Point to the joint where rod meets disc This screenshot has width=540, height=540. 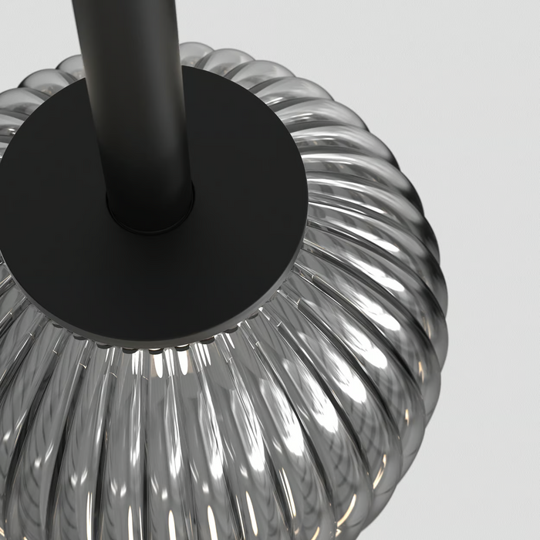tap(150, 220)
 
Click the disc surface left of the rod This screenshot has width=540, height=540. tap(54, 216)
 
